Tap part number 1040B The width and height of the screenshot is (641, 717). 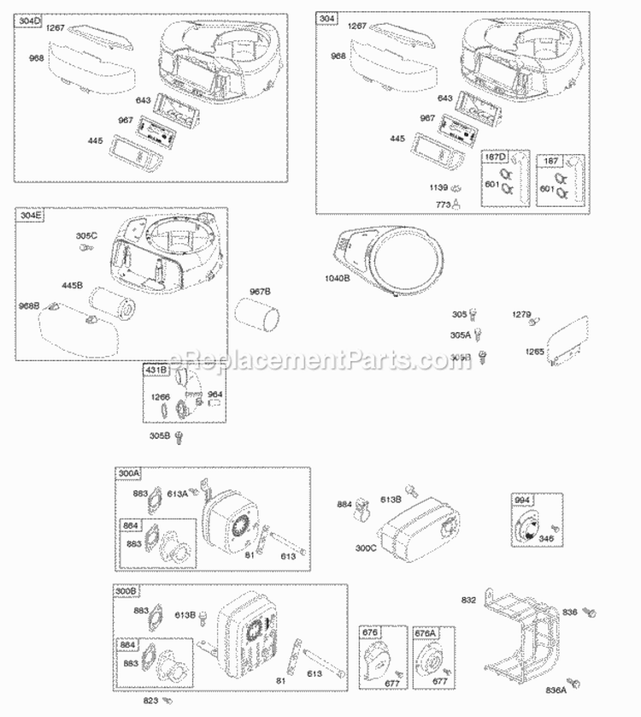[336, 278]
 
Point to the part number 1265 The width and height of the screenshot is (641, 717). [533, 351]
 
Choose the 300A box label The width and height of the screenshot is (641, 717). [129, 473]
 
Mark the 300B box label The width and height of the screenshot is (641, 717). [129, 591]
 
